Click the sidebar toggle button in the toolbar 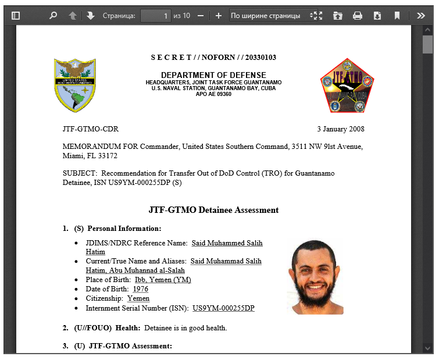pos(16,16)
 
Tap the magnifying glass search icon pos(53,16)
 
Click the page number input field pos(156,16)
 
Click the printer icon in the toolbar pos(358,16)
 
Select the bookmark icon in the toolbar pos(397,16)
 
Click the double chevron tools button pos(421,16)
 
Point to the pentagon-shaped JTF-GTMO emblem pos(347,85)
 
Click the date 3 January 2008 pos(340,129)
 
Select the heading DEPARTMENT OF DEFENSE pos(213,75)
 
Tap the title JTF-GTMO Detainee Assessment pos(213,210)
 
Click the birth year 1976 pos(141,289)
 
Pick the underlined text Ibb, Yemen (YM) pos(163,280)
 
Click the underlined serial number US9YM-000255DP pos(223,308)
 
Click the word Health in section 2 pos(127,328)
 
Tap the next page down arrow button pos(91,16)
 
